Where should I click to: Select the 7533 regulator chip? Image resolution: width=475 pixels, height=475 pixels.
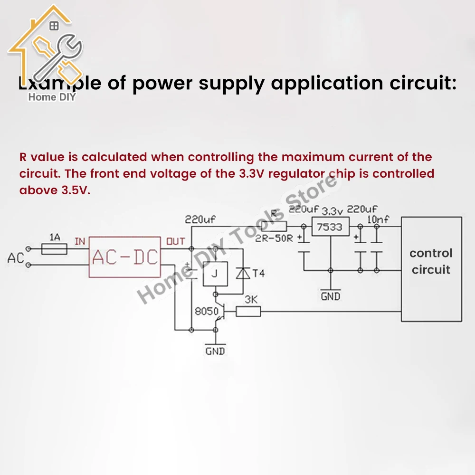pos(329,228)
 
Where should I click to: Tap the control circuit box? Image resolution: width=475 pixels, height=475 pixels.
pos(431,269)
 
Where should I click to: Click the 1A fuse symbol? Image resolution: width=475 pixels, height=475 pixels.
pos(55,248)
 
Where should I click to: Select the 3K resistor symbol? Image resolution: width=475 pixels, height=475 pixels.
pos(248,312)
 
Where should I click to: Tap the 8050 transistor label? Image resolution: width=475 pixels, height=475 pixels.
pos(206,312)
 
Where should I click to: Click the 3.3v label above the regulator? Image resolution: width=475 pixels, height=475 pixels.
pos(332,210)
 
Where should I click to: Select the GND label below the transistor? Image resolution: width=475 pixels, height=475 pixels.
pos(215,351)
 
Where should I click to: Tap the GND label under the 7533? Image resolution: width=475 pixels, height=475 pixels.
pos(331,296)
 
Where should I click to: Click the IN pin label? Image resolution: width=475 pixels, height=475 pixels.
pos(80,242)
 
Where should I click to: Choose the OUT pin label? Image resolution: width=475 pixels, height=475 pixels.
pos(175,242)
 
